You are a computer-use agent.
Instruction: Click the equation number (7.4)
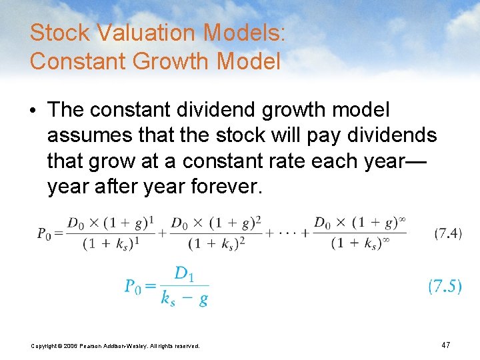click(448, 233)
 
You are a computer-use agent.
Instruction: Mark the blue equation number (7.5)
click(445, 286)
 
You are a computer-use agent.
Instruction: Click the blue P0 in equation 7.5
click(133, 286)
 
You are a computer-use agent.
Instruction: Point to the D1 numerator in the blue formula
click(185, 273)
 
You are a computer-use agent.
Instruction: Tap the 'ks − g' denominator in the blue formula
click(185, 298)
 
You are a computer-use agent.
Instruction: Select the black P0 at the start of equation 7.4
click(45, 233)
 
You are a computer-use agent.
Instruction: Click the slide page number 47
click(445, 345)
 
